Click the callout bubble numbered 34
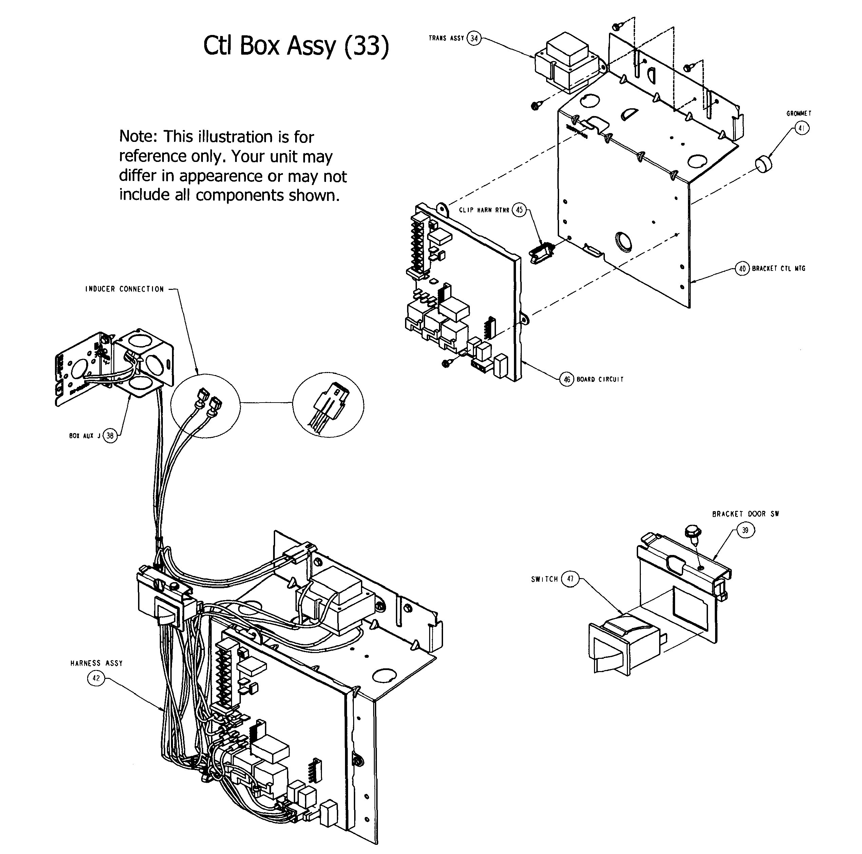point(474,38)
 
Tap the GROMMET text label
point(799,114)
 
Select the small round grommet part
point(765,165)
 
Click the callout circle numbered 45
point(519,210)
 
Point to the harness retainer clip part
point(541,253)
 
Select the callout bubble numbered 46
point(567,379)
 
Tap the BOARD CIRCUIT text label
point(600,379)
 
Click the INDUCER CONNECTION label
point(124,289)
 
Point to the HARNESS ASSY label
point(96,663)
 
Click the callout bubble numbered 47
point(570,579)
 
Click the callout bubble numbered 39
point(745,530)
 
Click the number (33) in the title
point(367,46)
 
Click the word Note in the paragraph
point(137,136)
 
